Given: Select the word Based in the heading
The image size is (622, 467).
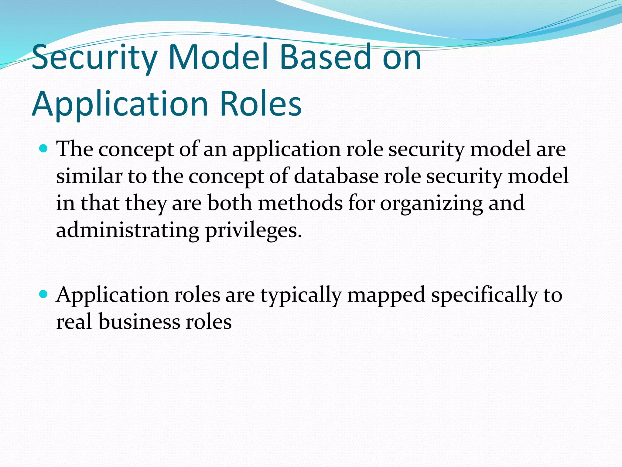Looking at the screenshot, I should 325,57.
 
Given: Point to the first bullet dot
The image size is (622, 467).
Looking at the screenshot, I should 44,149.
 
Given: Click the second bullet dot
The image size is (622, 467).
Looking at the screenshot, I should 44,294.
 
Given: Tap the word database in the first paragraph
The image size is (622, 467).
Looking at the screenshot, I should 336,176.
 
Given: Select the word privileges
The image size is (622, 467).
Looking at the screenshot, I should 254,230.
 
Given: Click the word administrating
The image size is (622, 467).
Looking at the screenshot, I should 128,230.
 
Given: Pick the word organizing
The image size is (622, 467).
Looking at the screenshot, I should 431,203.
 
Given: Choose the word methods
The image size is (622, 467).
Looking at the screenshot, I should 300,203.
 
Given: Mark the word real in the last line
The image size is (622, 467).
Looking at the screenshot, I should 74,322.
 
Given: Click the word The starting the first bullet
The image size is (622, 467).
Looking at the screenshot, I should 75,149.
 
